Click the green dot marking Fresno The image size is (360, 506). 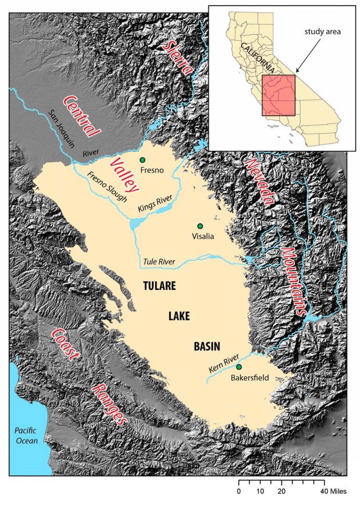tap(142, 159)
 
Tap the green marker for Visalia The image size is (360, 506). tap(199, 226)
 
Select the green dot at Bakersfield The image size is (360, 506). tap(239, 367)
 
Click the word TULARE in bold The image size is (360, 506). tap(159, 286)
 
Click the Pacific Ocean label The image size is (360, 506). tap(25, 435)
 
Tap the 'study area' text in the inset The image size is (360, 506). tap(322, 32)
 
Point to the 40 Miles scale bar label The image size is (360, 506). tap(332, 491)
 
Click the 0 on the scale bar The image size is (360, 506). tap(239, 491)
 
